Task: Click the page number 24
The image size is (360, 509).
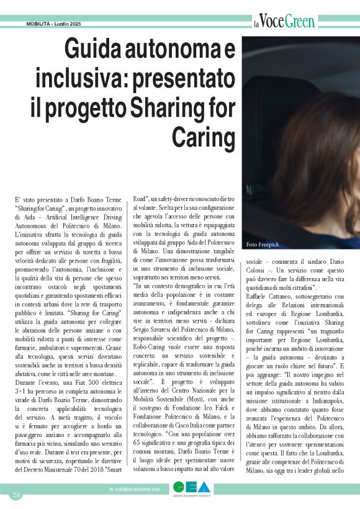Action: point(16,495)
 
